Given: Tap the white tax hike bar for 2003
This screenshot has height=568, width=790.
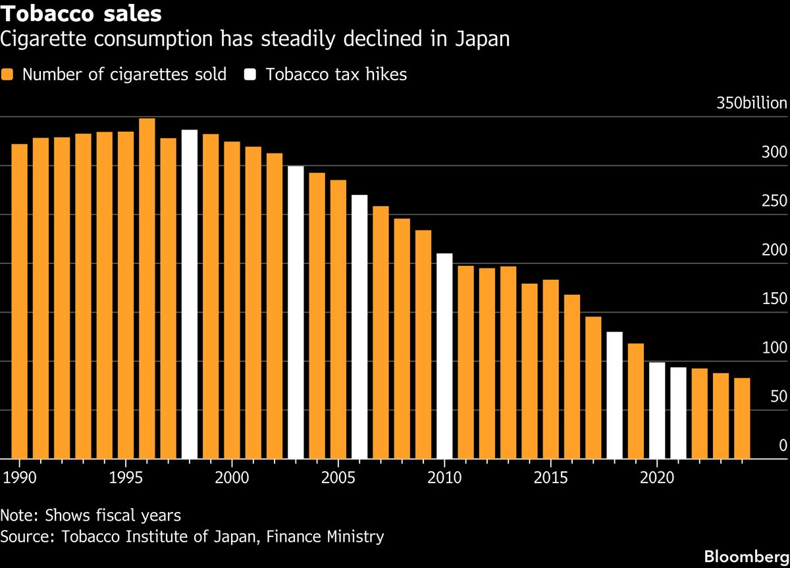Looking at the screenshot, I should [x=296, y=313].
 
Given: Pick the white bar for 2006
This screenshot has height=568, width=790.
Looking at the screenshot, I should [x=359, y=327].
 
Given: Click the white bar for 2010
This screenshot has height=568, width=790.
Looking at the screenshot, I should [x=444, y=356].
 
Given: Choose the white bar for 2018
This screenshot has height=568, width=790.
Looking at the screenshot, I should [x=614, y=396].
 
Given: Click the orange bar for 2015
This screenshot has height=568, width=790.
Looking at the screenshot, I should [x=550, y=369].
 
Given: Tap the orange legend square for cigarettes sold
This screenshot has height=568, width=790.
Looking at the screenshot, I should [x=7, y=74].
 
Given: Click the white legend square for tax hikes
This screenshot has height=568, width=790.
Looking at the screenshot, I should [x=250, y=74].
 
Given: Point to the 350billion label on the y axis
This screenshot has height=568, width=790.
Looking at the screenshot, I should [x=751, y=103].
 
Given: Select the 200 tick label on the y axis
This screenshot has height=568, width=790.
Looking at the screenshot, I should [x=774, y=250].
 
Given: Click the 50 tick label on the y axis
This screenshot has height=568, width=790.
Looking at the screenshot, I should [x=778, y=396].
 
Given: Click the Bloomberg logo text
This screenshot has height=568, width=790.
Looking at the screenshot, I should [x=745, y=556].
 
